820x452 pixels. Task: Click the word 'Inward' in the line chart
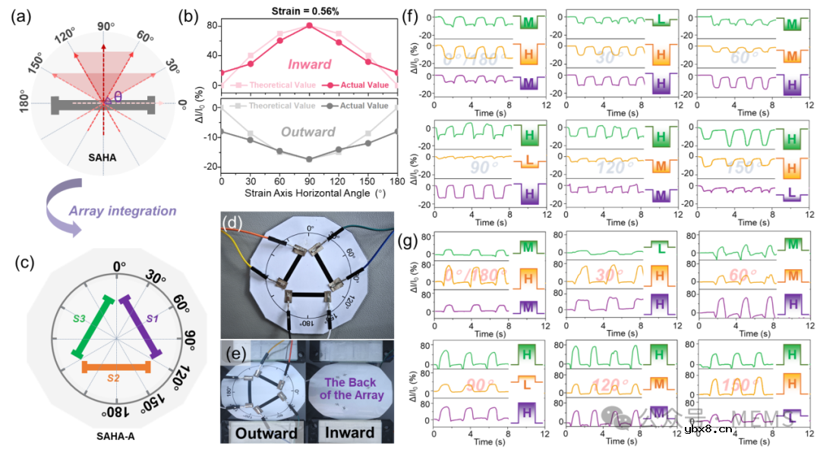pyautogui.click(x=308, y=66)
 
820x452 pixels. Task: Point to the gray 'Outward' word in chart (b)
pyautogui.click(x=309, y=132)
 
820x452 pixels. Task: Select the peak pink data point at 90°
pyautogui.click(x=309, y=25)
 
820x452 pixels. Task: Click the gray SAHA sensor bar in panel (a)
pyautogui.click(x=103, y=105)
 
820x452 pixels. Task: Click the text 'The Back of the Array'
pyautogui.click(x=349, y=386)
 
